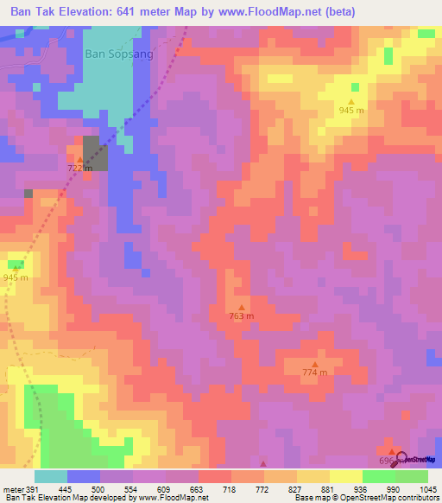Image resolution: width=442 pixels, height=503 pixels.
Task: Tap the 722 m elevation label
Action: pyautogui.click(x=80, y=170)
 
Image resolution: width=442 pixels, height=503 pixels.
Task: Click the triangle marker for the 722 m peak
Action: pyautogui.click(x=79, y=159)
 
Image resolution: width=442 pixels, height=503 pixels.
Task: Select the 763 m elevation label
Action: pyautogui.click(x=242, y=316)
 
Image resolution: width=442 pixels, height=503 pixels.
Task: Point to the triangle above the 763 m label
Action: pyautogui.click(x=242, y=306)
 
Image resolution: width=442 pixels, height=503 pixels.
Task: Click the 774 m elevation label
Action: pyautogui.click(x=315, y=372)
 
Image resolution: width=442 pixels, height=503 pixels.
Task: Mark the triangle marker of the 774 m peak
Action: pyautogui.click(x=315, y=363)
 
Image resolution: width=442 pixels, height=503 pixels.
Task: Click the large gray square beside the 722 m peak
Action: pyautogui.click(x=96, y=153)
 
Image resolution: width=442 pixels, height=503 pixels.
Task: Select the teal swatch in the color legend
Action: pyautogui.click(x=50, y=476)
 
